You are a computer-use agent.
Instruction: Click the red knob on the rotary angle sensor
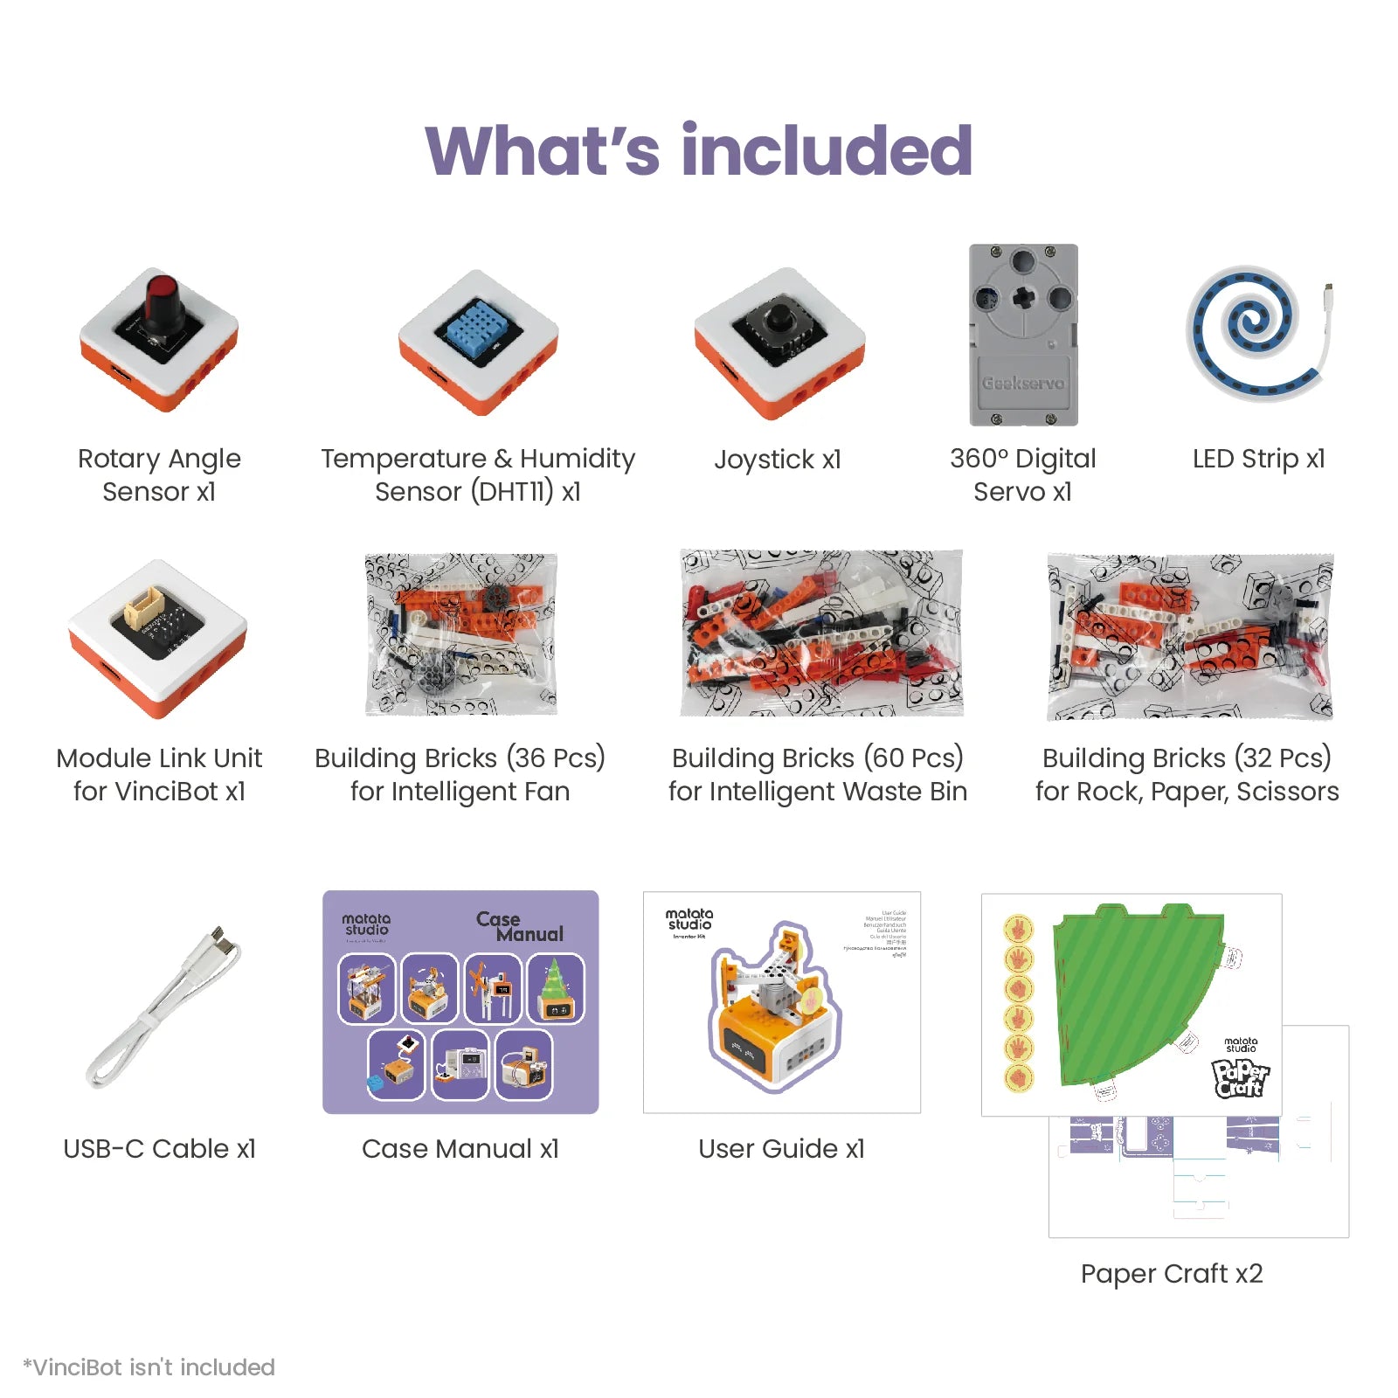tap(162, 295)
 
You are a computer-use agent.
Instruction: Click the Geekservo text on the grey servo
tap(1023, 383)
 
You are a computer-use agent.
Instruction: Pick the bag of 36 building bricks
tap(460, 633)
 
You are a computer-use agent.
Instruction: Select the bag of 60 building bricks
tap(821, 633)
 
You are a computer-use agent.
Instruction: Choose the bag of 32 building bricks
tap(1190, 636)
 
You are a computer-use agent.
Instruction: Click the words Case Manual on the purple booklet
tap(521, 926)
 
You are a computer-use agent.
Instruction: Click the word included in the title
tap(827, 150)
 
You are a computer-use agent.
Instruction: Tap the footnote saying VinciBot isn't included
tap(149, 1367)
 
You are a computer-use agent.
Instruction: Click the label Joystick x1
tap(778, 459)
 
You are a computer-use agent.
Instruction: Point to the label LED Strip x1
tap(1258, 458)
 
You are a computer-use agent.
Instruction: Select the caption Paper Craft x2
tap(1172, 1273)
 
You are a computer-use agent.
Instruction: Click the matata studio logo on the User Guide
tap(689, 919)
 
